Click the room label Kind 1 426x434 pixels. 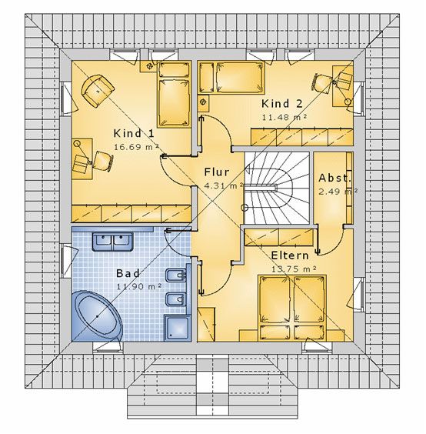[134, 133]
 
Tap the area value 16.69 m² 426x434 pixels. [136, 146]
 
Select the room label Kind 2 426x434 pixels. [282, 104]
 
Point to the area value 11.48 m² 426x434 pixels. [285, 117]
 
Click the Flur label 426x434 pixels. [217, 172]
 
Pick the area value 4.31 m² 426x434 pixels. [224, 185]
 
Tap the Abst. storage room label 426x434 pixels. [334, 178]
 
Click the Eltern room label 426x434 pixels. [290, 255]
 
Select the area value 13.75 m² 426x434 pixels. [294, 269]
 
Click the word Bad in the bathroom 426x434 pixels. [128, 273]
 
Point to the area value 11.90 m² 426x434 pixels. [139, 286]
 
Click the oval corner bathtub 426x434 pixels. [97, 315]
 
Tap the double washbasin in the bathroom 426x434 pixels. [112, 242]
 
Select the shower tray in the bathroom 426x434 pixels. [178, 328]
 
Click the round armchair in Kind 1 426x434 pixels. [98, 91]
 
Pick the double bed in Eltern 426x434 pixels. [292, 308]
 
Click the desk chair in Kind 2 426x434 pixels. [322, 82]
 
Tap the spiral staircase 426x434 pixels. [277, 189]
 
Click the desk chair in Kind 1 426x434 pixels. [104, 161]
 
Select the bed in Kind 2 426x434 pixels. [231, 77]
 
